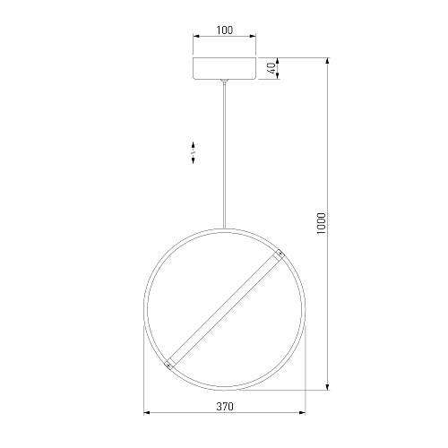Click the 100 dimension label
[x=225, y=30]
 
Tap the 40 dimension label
[x=271, y=68]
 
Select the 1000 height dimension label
[x=321, y=223]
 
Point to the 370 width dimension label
[x=225, y=407]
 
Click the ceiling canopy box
[x=225, y=68]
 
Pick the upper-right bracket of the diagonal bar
[x=280, y=254]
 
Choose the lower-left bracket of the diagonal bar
[x=169, y=364]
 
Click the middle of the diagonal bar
[x=225, y=309]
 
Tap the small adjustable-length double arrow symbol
[x=194, y=152]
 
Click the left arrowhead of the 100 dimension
[x=196, y=37]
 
